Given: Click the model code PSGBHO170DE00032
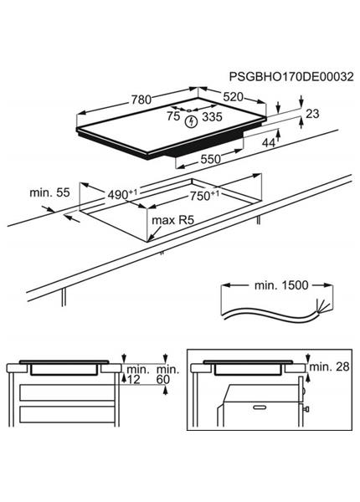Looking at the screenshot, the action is point(291,77).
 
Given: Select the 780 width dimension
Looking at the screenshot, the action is point(141,100).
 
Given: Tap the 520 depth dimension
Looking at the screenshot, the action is point(233,97).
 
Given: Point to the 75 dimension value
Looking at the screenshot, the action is point(173,116).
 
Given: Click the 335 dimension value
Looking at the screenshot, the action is point(212,117).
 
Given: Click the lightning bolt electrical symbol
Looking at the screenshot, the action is point(192,121).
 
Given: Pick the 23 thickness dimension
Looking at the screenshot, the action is point(312,114).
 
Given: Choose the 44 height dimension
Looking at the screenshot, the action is point(269,143).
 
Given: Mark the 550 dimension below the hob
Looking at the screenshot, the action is point(210,159).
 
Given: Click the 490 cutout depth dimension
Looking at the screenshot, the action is point(122,194).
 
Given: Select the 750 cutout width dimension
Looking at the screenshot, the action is point(204,195).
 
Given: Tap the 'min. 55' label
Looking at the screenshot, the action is point(49,192).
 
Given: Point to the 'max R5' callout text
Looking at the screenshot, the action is point(173,220).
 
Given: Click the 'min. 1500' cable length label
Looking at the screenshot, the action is point(281,285).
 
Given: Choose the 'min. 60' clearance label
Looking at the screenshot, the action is point(167,374).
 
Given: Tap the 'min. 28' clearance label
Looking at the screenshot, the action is point(329,367).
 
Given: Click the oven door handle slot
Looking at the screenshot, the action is point(260,407).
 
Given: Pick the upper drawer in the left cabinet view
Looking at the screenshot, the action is point(67,392).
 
